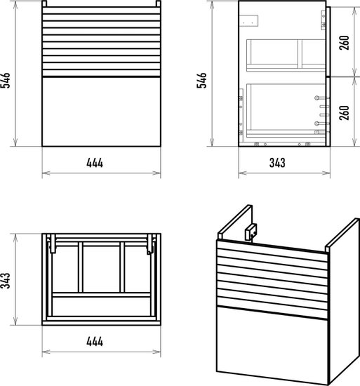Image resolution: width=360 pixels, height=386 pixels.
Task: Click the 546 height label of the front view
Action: pos(6,80)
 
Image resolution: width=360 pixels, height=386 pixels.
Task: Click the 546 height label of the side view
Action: pos(202,80)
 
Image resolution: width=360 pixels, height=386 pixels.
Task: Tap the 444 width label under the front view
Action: pos(95,163)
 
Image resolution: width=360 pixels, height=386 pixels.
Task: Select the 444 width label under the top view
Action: pos(95,342)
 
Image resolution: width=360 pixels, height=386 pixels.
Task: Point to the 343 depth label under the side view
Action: pos(277,163)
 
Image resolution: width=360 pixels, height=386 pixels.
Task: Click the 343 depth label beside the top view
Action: pos(6,280)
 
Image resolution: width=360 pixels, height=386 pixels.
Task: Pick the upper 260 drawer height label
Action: pos(345,43)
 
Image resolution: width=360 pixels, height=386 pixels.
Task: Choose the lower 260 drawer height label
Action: pos(345,113)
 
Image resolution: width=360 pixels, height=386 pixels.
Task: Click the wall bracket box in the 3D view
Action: pos(251,232)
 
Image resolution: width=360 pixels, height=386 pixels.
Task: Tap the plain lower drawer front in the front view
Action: pos(101,112)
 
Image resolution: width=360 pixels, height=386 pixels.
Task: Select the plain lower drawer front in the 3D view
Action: pos(272,345)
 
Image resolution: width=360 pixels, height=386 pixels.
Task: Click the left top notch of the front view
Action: pos(44,4)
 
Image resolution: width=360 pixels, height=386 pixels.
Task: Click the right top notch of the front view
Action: pos(159,4)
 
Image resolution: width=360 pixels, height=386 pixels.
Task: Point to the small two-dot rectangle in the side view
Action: pos(248,20)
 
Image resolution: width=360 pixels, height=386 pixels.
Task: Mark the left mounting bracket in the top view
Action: pos(53,244)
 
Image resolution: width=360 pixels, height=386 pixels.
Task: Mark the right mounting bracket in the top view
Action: pos(150,244)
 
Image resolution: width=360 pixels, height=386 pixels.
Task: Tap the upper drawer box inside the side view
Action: pos(286,55)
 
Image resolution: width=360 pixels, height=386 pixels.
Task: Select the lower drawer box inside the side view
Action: pos(286,110)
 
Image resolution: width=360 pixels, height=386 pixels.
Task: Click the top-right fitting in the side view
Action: pos(324,20)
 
